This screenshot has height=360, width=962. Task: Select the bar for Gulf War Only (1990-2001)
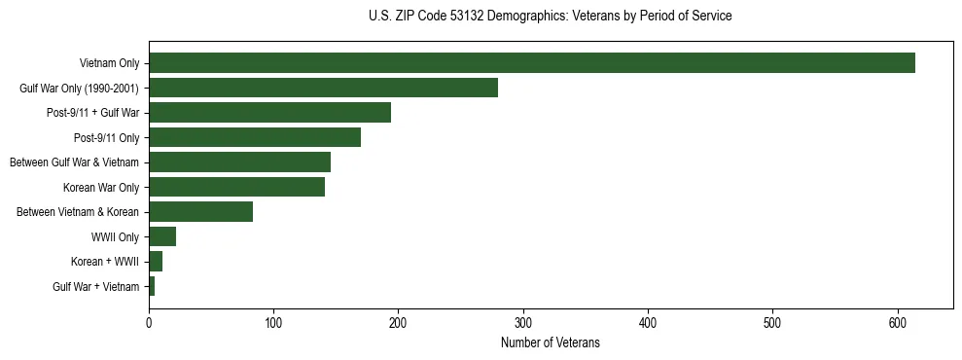click(x=323, y=88)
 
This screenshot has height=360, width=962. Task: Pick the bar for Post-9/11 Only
click(x=255, y=137)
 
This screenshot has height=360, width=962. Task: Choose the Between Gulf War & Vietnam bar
click(x=239, y=162)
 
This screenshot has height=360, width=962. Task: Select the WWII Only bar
click(x=162, y=236)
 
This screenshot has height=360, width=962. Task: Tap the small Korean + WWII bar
click(x=156, y=262)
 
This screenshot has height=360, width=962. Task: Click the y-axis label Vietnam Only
click(x=110, y=64)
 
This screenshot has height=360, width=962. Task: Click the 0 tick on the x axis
click(x=149, y=323)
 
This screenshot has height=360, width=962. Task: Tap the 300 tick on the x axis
click(x=523, y=323)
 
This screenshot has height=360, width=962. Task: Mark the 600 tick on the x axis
click(x=898, y=323)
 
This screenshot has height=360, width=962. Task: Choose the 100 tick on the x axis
click(x=273, y=323)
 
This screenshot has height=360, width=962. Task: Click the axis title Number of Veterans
click(x=551, y=342)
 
